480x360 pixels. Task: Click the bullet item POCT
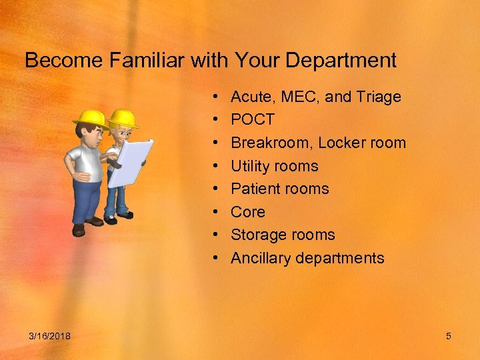[x=252, y=120]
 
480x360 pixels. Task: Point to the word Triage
[x=378, y=97]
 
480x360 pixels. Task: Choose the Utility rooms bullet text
[x=274, y=166]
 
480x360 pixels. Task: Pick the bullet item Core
[x=247, y=212]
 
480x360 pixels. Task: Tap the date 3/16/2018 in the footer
[x=51, y=336]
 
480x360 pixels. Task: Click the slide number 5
[x=449, y=336]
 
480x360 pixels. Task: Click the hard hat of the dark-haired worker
[x=91, y=119]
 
